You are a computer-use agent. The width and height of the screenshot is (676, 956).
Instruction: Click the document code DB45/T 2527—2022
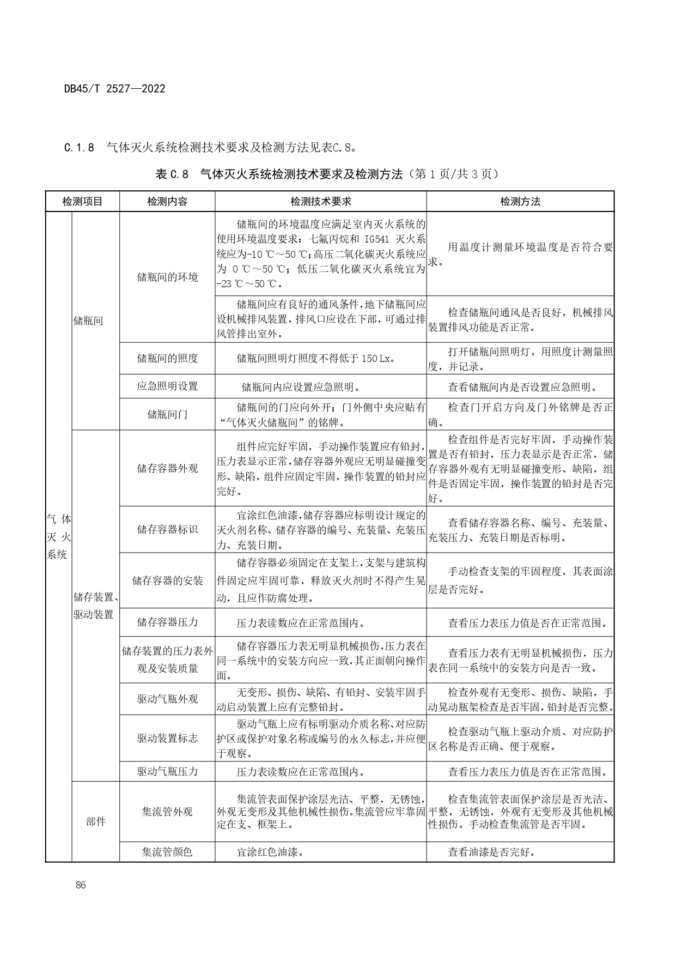tap(114, 89)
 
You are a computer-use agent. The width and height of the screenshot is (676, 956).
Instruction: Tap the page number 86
tap(81, 885)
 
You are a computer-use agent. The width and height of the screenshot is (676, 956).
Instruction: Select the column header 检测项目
tap(82, 201)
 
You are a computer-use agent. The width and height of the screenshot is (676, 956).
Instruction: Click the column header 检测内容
tap(167, 201)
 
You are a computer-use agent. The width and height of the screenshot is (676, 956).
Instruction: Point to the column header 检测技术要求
tap(320, 201)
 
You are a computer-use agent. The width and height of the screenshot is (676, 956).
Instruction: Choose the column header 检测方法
tap(520, 201)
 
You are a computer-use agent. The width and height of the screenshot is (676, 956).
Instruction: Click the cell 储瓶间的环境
tap(167, 277)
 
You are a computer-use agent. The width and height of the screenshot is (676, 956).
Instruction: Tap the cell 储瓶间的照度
tap(167, 358)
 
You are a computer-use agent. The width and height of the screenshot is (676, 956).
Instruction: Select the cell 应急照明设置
tap(167, 386)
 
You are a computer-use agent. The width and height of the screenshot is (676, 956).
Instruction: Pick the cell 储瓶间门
tap(167, 414)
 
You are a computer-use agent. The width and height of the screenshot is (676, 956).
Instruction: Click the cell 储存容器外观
tap(167, 468)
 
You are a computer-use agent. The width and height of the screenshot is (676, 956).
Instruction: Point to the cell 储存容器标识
tap(167, 529)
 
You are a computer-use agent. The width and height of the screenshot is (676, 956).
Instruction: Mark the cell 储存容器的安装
tap(167, 580)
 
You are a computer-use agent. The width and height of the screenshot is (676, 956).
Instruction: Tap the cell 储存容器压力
tap(167, 622)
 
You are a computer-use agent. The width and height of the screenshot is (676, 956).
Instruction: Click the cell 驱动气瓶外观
tap(167, 699)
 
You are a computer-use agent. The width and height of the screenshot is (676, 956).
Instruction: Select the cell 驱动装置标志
tap(167, 738)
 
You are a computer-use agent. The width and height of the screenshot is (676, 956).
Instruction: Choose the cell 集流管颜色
tap(167, 851)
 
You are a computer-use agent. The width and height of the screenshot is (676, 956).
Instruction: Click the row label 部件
tap(96, 821)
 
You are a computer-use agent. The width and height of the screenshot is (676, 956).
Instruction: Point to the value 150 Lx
tap(376, 358)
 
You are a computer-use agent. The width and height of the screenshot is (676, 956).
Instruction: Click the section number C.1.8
tap(79, 147)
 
